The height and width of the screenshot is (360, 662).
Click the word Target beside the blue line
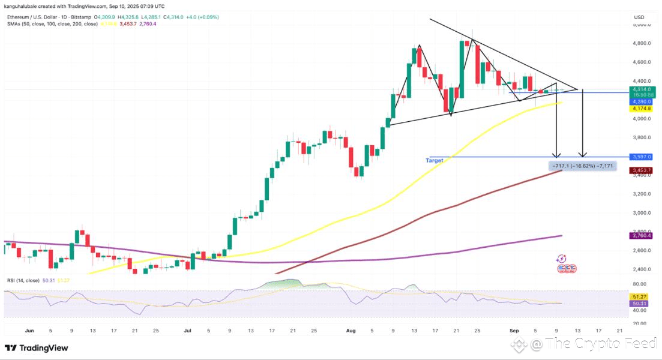click(x=435, y=161)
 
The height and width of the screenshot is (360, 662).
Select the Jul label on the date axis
click(x=187, y=330)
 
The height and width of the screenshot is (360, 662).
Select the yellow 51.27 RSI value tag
click(x=639, y=296)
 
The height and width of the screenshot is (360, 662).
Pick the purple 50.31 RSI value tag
click(x=639, y=304)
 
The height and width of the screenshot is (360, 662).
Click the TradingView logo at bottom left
click(x=37, y=348)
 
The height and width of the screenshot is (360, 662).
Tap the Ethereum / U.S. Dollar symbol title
click(x=36, y=16)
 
